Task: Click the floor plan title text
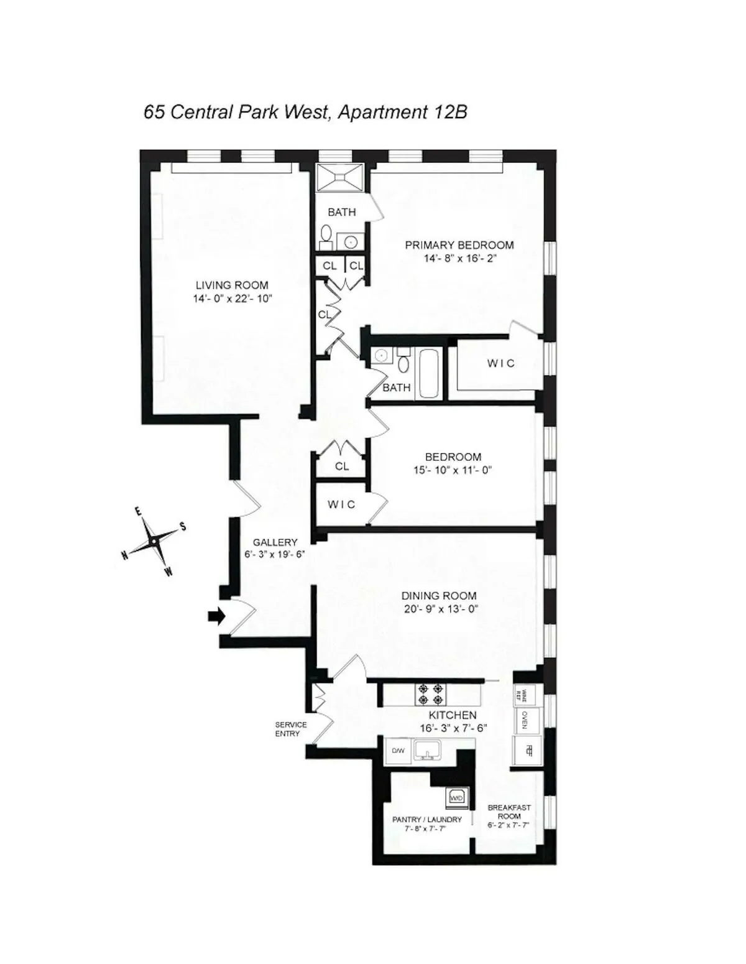305,112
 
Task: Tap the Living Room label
232,285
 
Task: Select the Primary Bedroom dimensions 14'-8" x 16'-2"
460,259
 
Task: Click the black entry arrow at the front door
216,616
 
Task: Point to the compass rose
153,542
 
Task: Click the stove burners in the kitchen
430,694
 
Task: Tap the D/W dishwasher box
398,751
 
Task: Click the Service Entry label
291,729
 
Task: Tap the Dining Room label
439,596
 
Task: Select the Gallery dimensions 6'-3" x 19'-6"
274,555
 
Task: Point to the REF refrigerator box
527,751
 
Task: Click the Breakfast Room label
509,812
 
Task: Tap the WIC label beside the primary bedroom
500,363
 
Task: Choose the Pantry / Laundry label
427,820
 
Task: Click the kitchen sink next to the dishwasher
426,751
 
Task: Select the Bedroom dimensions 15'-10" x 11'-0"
453,471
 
